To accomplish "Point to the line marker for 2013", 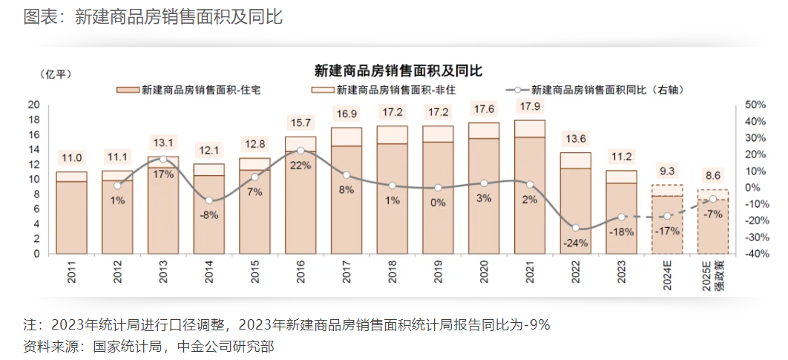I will pyautogui.click(x=163, y=160).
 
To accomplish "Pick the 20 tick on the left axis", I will pyautogui.click(x=33, y=105).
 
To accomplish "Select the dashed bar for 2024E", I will pyautogui.click(x=666, y=220).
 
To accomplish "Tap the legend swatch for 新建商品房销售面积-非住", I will pyautogui.click(x=322, y=90).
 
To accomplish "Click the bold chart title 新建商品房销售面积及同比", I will pyautogui.click(x=398, y=71).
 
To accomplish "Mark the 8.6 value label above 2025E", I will pyautogui.click(x=712, y=177).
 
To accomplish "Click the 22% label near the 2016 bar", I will pyautogui.click(x=301, y=166).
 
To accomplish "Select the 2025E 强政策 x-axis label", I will pyautogui.click(x=712, y=277).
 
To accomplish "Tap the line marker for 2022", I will pyautogui.click(x=575, y=228).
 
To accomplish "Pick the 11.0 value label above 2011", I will pyautogui.click(x=71, y=157).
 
